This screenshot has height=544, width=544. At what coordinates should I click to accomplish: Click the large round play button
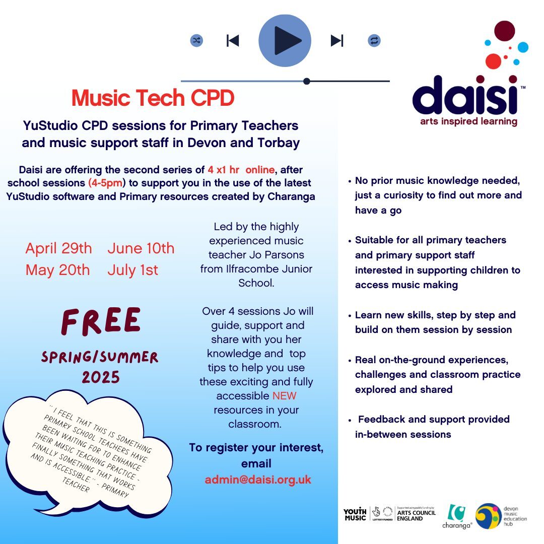coord(285,41)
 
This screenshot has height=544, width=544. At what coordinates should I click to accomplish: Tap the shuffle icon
coord(196,41)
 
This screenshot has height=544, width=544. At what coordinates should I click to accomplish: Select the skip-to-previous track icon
coord(233,41)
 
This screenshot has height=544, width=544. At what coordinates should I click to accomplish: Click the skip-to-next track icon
coord(336,41)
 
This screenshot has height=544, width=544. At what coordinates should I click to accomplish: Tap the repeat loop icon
coord(374,41)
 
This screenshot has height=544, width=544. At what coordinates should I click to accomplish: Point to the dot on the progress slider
coord(307,81)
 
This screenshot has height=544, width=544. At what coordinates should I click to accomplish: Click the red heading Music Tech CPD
coord(153,99)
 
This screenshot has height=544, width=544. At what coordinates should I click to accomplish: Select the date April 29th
coord(59,248)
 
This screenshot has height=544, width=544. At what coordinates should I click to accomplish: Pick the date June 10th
coord(141,248)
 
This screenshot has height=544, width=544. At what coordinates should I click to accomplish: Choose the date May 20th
coord(58,270)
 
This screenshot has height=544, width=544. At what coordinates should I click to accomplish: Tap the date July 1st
coord(132,270)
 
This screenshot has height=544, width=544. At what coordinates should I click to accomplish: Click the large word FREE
coord(101,321)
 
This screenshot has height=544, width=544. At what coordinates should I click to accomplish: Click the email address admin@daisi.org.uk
coord(258,480)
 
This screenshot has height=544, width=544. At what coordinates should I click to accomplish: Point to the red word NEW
coord(285,396)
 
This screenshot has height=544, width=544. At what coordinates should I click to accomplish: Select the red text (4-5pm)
coord(105,183)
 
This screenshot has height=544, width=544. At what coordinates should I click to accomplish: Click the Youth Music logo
coord(355,514)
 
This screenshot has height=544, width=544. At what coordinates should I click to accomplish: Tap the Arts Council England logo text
coord(416,514)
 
